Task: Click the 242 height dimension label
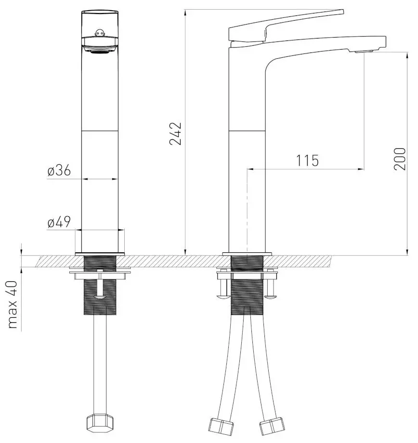pos(175,134)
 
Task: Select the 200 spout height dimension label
pos(400,158)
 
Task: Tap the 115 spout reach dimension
pos(307,160)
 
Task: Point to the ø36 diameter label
pos(59,170)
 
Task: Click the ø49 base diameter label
pos(59,222)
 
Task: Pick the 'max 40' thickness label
pos(13,304)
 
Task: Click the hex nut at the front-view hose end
pos(100,424)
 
